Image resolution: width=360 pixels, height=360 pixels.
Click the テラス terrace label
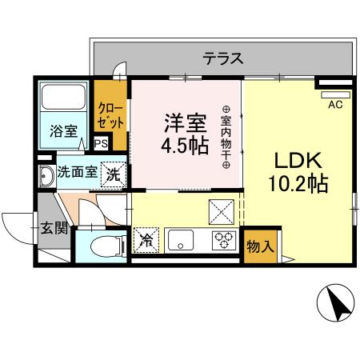[222, 58]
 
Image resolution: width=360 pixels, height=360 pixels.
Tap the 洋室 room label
[186, 123]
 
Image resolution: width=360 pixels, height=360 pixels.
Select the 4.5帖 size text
[186, 146]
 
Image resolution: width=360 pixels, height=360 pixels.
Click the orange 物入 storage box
[259, 246]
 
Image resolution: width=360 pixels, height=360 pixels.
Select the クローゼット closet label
[110, 117]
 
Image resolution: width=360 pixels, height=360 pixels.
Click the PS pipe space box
[101, 143]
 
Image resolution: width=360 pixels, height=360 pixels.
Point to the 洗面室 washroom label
[77, 173]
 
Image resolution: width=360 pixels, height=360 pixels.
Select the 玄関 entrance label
[54, 229]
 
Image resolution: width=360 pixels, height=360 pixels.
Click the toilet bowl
[102, 246]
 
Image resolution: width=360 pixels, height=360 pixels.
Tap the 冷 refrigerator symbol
[146, 239]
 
